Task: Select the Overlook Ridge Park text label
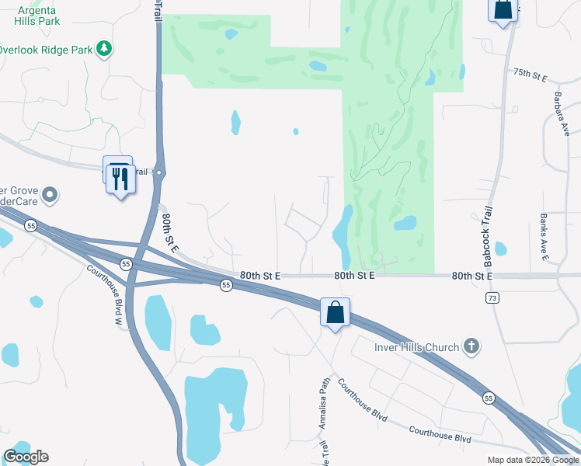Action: coord(44,50)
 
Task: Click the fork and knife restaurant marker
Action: coord(120,178)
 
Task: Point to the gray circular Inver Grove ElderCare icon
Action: coord(50,194)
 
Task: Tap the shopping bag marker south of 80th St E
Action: coord(335,312)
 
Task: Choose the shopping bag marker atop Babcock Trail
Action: coord(503,9)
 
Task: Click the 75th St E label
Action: coord(531,75)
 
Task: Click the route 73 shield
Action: coord(491,297)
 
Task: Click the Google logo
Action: coord(26,457)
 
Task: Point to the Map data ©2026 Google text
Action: coord(532,460)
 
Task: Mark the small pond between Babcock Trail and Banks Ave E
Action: coord(500,249)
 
